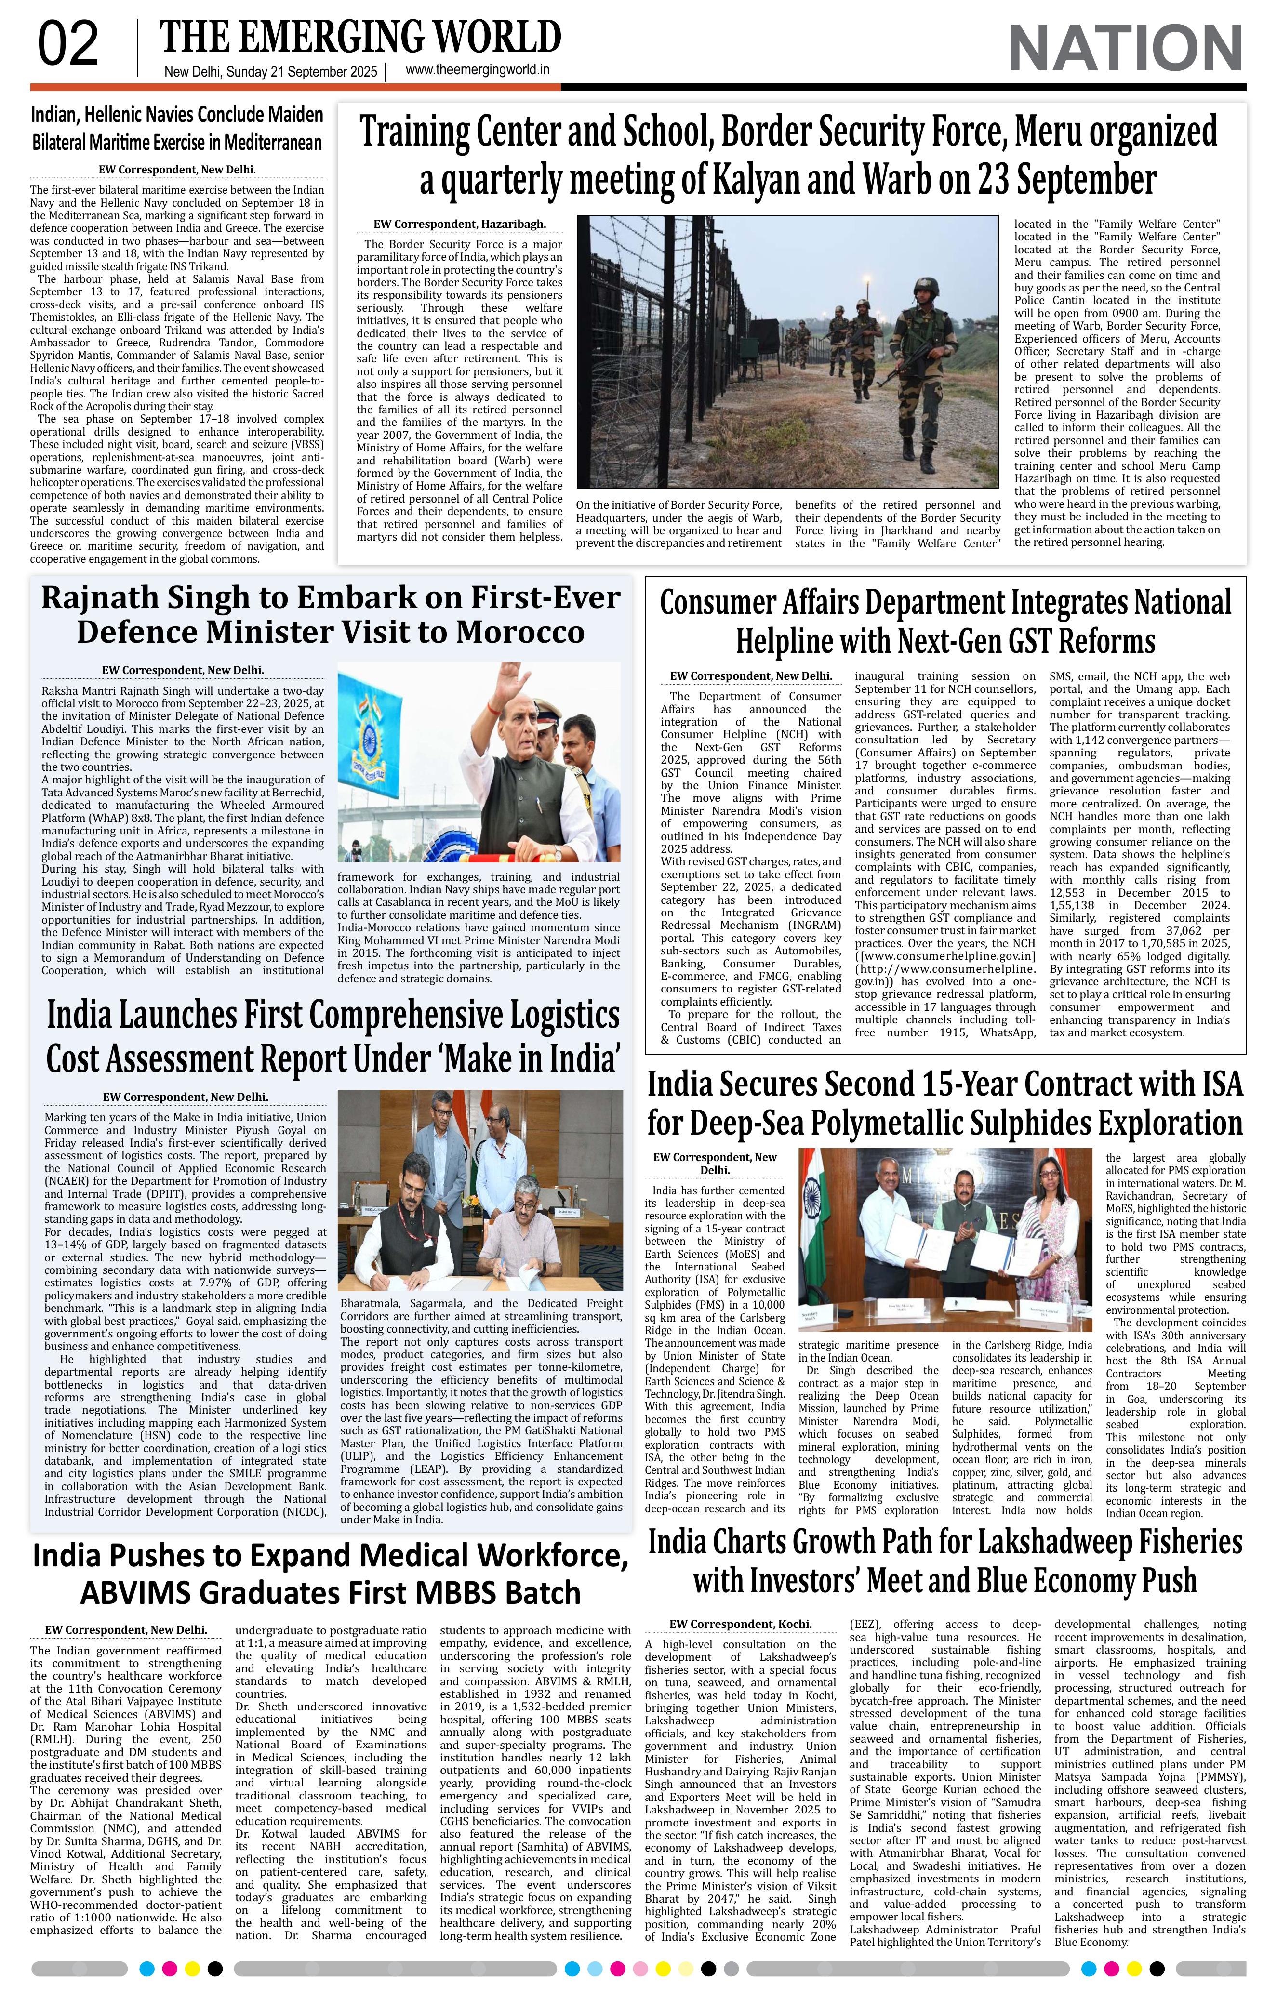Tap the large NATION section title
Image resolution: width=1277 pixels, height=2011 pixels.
coord(1125,49)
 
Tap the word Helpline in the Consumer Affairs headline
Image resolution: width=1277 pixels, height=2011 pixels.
coord(790,641)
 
